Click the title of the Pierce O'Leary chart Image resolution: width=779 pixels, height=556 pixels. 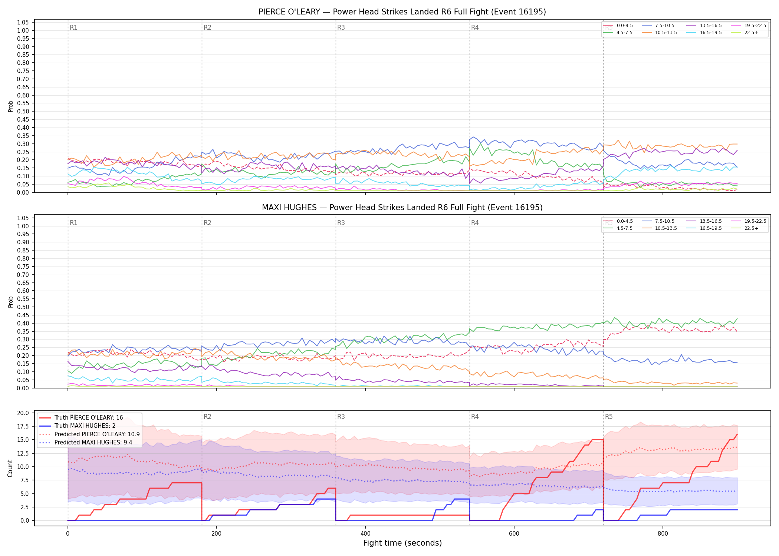pyautogui.click(x=402, y=12)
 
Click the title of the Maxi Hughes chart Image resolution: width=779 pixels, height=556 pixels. pyautogui.click(x=402, y=208)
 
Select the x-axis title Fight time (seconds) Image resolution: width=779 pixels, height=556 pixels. pyautogui.click(x=402, y=543)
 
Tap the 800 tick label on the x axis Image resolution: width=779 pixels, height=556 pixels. pyautogui.click(x=663, y=534)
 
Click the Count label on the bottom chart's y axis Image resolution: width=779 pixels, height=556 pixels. pyautogui.click(x=10, y=468)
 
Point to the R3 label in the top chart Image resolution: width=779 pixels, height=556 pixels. pyautogui.click(x=341, y=27)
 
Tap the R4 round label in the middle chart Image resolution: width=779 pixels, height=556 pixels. pyautogui.click(x=475, y=223)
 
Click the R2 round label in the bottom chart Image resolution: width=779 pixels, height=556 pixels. pyautogui.click(x=207, y=417)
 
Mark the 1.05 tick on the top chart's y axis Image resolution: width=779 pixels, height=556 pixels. pyautogui.click(x=23, y=23)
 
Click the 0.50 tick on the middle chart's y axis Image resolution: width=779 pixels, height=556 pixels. pyautogui.click(x=23, y=307)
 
